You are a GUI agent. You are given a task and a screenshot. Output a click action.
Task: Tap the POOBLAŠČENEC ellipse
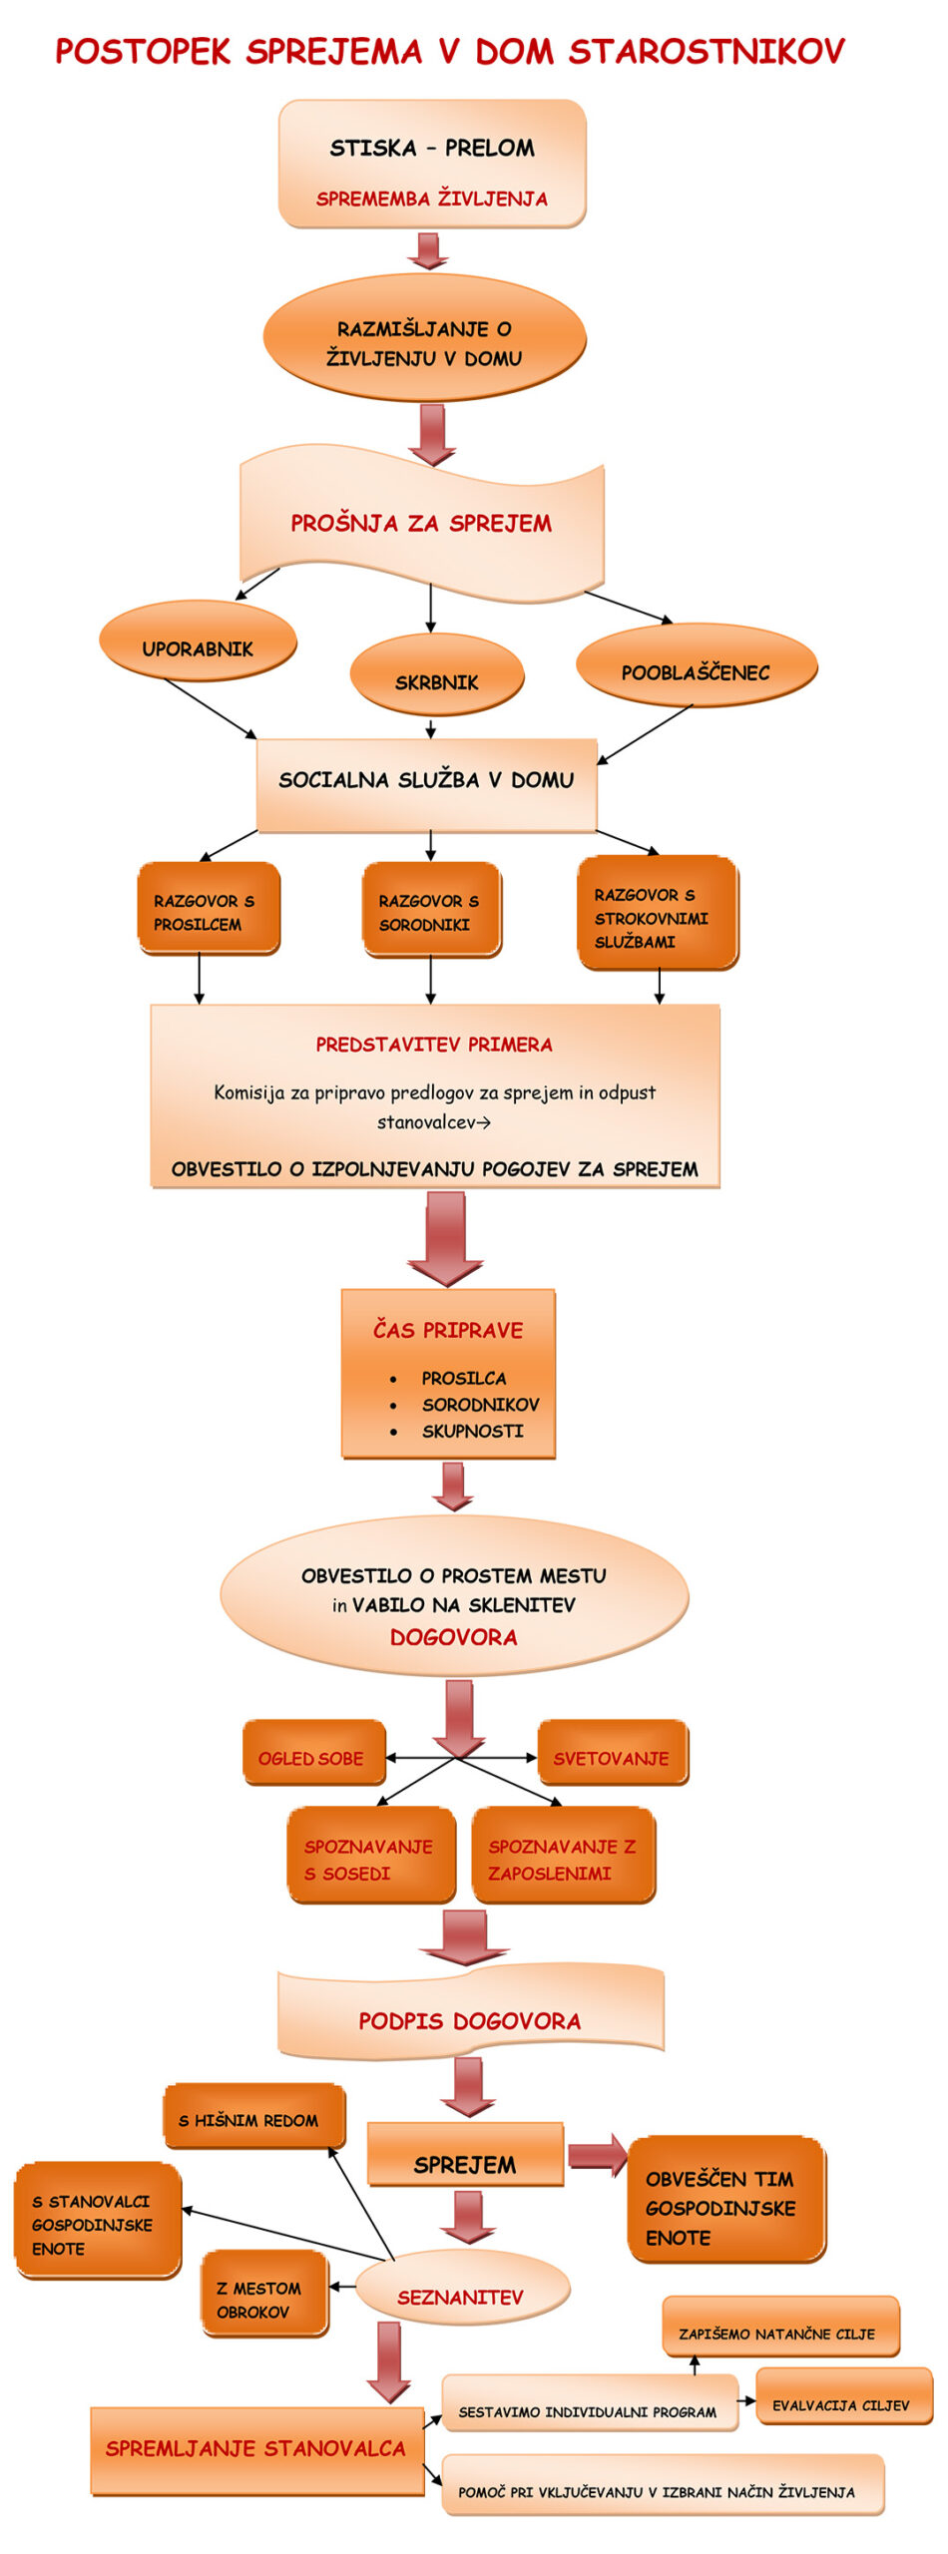[696, 666]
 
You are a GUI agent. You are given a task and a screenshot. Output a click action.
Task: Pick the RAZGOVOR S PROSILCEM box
[208, 909]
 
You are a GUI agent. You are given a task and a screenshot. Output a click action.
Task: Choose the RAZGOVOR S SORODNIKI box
[430, 909]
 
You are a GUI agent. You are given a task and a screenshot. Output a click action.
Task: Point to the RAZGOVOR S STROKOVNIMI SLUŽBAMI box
[657, 913]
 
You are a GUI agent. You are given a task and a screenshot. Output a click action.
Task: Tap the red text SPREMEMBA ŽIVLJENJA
[431, 199]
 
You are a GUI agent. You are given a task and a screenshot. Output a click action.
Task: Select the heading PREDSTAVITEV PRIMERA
[434, 1045]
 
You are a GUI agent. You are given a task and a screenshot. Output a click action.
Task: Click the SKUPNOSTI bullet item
[472, 1431]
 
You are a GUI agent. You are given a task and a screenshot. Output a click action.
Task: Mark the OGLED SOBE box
[312, 1753]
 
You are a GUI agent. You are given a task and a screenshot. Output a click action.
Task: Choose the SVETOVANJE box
[612, 1753]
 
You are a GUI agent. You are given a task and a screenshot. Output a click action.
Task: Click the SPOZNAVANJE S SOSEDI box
[370, 1855]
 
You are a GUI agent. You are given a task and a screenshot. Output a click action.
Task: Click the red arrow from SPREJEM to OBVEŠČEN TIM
[596, 2157]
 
